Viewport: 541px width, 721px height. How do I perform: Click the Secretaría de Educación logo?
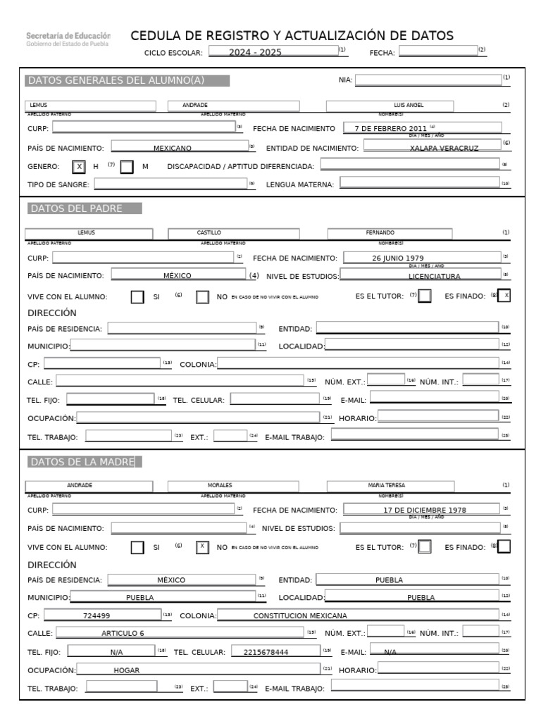click(x=68, y=39)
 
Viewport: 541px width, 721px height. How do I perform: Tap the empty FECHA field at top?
click(x=437, y=51)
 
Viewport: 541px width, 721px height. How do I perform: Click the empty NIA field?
click(x=428, y=80)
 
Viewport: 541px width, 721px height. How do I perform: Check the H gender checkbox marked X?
click(x=80, y=167)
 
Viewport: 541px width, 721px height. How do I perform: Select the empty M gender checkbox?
click(x=127, y=167)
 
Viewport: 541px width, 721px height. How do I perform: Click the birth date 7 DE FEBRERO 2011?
click(x=392, y=128)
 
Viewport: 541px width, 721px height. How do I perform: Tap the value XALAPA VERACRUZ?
click(x=444, y=148)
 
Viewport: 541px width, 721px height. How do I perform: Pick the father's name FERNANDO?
click(x=380, y=232)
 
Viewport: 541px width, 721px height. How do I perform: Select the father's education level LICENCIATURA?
click(x=434, y=276)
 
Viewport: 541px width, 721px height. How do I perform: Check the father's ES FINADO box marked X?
click(x=504, y=296)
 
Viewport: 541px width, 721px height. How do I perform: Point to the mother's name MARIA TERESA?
click(x=386, y=485)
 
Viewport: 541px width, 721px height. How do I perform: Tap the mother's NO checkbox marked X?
click(x=202, y=546)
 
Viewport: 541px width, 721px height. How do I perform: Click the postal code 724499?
click(x=97, y=615)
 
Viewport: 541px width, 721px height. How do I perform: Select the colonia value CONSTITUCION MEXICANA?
click(x=300, y=615)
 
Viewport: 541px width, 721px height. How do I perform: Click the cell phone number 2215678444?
click(x=266, y=652)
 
